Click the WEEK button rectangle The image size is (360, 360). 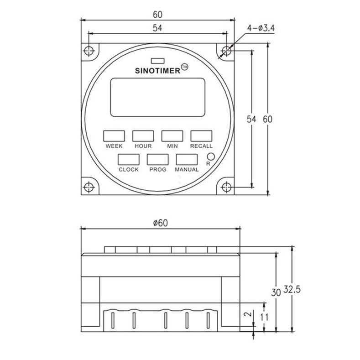click(x=114, y=136)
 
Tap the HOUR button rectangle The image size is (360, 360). click(x=143, y=136)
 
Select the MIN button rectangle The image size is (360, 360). click(x=172, y=136)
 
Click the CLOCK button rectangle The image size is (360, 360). click(x=129, y=159)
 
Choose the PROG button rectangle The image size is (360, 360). click(x=157, y=159)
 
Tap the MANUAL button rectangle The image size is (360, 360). click(x=187, y=159)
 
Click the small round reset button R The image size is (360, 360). click(x=211, y=156)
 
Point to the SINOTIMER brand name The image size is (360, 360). click(x=158, y=71)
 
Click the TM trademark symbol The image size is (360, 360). click(x=184, y=67)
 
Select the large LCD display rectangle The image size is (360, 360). click(x=157, y=97)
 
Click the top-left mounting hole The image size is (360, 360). click(x=89, y=50)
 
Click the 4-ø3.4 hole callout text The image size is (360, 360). click(x=261, y=28)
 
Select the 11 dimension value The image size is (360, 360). click(x=264, y=316)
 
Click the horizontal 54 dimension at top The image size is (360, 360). click(x=157, y=28)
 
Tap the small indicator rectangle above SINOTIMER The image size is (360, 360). click(x=157, y=60)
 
